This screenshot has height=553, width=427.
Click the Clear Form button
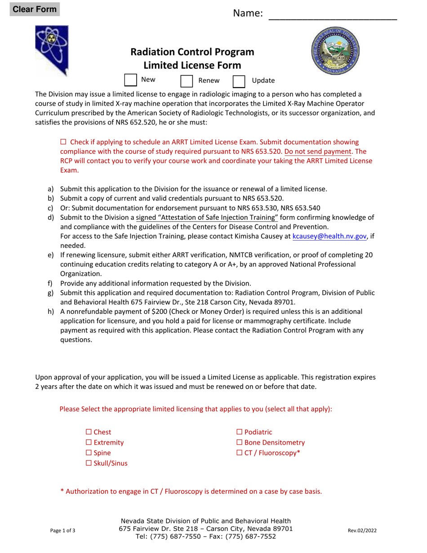pyautogui.click(x=35, y=9)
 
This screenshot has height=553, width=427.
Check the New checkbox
pyautogui.click(x=130, y=80)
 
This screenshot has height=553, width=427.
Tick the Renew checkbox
pyautogui.click(x=187, y=81)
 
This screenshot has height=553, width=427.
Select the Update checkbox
pyautogui.click(x=239, y=81)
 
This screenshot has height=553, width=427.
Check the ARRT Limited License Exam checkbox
pyautogui.click(x=63, y=142)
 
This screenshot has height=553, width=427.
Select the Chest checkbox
pyautogui.click(x=89, y=432)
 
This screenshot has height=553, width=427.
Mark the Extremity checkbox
pyautogui.click(x=89, y=442)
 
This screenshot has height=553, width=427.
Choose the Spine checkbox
pyautogui.click(x=89, y=453)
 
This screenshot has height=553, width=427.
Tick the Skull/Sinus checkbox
pyautogui.click(x=89, y=463)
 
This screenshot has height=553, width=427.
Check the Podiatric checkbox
pyautogui.click(x=240, y=432)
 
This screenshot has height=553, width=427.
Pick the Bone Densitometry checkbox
pyautogui.click(x=240, y=442)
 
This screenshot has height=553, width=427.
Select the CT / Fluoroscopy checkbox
pyautogui.click(x=240, y=453)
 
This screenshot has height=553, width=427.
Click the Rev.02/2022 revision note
pyautogui.click(x=362, y=531)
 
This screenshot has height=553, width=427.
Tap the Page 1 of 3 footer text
pyautogui.click(x=63, y=531)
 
